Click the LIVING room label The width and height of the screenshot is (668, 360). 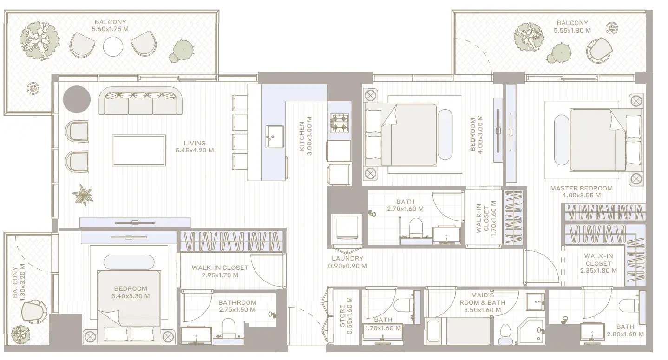195,143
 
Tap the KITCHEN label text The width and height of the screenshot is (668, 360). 301,136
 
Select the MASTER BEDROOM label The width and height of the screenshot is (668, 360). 581,188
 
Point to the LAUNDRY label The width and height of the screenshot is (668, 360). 347,258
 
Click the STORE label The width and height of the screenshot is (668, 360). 342,315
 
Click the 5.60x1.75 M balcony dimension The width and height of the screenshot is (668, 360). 110,29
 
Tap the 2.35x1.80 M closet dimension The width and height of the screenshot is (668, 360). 598,270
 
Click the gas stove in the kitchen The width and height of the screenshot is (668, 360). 340,123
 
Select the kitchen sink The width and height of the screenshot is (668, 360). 275,137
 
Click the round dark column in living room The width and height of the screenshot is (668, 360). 77,99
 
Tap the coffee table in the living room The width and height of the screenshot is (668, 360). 139,151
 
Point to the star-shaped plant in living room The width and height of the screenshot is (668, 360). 83,195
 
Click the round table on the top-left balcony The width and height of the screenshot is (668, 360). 113,46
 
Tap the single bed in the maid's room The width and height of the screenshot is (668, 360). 458,330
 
